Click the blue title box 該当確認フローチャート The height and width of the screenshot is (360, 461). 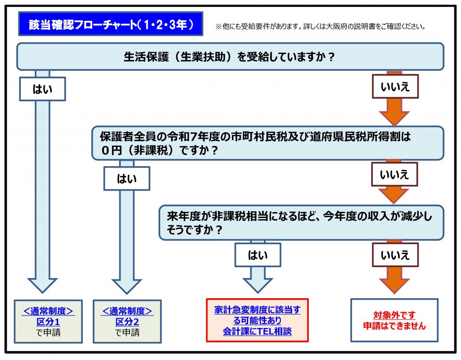pos(110,24)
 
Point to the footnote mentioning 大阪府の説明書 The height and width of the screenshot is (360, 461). pos(321,27)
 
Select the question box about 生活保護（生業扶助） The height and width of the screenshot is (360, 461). pos(230,57)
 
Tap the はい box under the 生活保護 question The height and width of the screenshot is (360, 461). pos(42,89)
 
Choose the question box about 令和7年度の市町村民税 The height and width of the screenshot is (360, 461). pos(267,143)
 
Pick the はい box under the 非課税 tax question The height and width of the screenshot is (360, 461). pos(127,178)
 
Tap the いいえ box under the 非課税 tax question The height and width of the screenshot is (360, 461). pos(395,174)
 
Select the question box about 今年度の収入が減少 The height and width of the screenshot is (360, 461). pos(301,223)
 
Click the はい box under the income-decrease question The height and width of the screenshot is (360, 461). pos(258,255)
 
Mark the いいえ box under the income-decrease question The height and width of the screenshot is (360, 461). pos(395,255)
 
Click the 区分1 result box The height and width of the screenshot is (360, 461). pos(48,321)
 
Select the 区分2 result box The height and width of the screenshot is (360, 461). pos(127,321)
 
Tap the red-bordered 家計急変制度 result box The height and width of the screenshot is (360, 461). pos(257,320)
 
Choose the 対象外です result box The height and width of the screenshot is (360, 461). pos(394,320)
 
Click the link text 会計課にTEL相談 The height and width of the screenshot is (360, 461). pos(257,332)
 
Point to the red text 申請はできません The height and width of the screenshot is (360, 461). pos(394,326)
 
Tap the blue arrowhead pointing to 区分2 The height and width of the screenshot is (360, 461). pos(127,286)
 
